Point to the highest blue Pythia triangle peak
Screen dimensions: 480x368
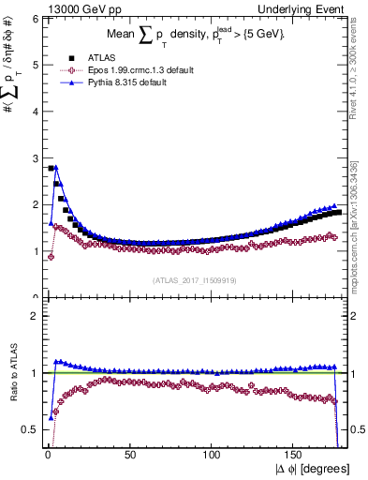coord(56,168)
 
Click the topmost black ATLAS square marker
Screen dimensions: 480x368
coord(50,169)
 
